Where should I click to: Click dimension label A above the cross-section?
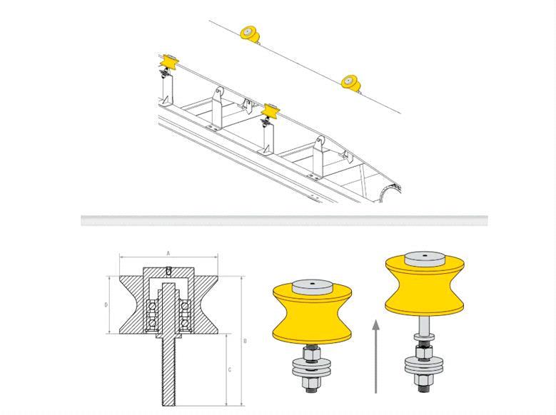[x=168, y=253]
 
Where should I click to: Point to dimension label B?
[x=245, y=341]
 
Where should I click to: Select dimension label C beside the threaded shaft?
[x=229, y=369]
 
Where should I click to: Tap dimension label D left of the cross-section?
[x=106, y=304]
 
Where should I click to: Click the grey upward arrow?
[x=376, y=356]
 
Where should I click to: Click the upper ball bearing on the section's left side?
[x=153, y=306]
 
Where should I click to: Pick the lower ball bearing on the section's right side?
[x=184, y=323]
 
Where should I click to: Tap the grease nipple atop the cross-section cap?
[x=168, y=270]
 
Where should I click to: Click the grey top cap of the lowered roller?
[x=313, y=287]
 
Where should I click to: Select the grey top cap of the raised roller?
[x=425, y=258]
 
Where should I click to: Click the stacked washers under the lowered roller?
[x=312, y=367]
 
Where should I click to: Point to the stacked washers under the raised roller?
[x=424, y=366]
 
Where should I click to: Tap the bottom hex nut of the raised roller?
[x=424, y=381]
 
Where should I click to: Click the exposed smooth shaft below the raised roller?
[x=424, y=325]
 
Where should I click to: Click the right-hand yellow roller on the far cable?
[x=350, y=83]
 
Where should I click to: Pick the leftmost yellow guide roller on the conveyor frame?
[x=168, y=63]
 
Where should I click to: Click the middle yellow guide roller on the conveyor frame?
[x=271, y=112]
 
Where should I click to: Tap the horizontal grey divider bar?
[x=284, y=220]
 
